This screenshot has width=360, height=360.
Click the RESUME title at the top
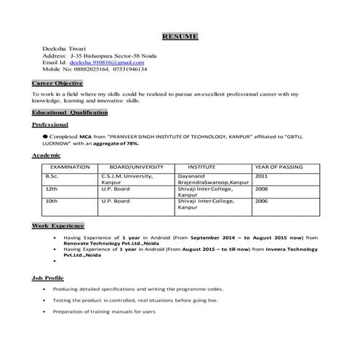click(x=179, y=36)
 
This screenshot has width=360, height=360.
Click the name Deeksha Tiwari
click(x=65, y=48)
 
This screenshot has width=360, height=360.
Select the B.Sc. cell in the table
click(x=52, y=176)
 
